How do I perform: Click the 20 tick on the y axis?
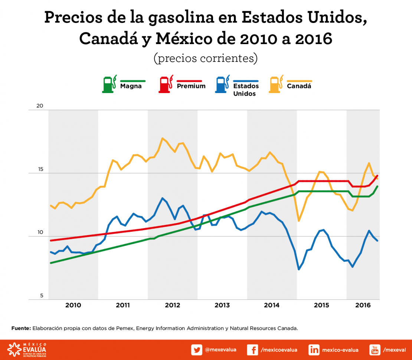[40, 106]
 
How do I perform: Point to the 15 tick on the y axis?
[40, 169]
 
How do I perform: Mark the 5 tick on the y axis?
[42, 296]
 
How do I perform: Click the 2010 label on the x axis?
[73, 305]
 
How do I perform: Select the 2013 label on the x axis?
[222, 305]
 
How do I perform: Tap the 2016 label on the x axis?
[363, 305]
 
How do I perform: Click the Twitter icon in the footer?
[197, 350]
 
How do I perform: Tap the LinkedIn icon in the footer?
[314, 350]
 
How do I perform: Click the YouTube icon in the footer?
[375, 350]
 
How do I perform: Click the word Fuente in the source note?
[21, 328]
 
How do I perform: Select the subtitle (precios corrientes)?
[205, 59]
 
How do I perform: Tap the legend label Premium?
[191, 86]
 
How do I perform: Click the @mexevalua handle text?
[220, 350]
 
